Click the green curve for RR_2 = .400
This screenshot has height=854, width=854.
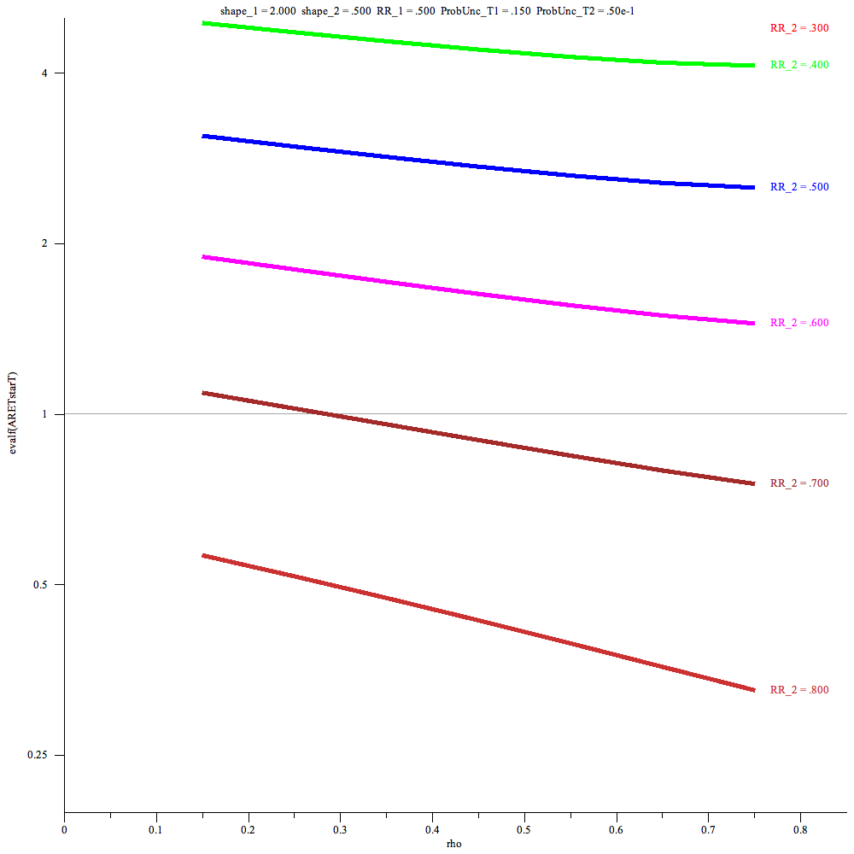click(x=478, y=50)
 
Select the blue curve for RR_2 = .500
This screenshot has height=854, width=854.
click(x=478, y=167)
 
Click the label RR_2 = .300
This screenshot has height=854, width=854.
click(x=799, y=28)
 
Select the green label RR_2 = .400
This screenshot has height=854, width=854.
click(x=799, y=65)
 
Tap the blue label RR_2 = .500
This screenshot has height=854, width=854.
click(x=799, y=187)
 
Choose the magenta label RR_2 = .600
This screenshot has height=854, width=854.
click(x=799, y=323)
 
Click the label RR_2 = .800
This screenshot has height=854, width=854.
click(x=799, y=690)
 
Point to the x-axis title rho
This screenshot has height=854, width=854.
click(x=455, y=844)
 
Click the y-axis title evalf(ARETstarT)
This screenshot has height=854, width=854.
click(x=12, y=413)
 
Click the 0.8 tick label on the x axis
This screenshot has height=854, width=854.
click(x=800, y=828)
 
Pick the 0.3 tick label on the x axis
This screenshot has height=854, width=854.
click(x=340, y=828)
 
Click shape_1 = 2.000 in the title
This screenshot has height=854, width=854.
click(x=258, y=11)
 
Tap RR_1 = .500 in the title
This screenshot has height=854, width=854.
click(x=405, y=11)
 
